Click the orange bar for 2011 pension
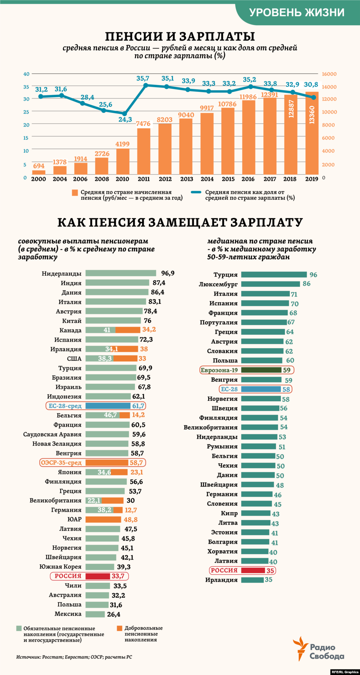coord(143,151)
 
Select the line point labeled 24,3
coord(124,114)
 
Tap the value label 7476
coord(143,124)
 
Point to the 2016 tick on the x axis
coord(248,179)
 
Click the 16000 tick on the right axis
coord(329,74)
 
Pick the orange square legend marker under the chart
coord(75,193)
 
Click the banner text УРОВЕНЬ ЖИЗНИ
coord(297,12)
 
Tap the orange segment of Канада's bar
coord(128,330)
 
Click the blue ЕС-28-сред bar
coord(108,406)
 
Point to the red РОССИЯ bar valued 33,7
coord(98,576)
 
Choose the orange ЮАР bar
coord(103,520)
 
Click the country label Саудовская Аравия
coord(52,435)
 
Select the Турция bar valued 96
coord(274,275)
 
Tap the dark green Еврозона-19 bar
coord(261,370)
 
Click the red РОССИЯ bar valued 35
coord(253,571)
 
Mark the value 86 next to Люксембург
coord(307,284)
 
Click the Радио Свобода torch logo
coord(299,648)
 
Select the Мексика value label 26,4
coord(114,615)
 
